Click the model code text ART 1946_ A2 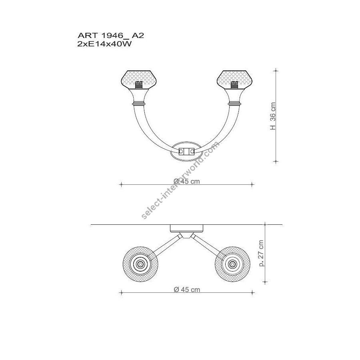111,36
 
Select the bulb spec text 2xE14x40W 105,44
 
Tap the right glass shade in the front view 235,80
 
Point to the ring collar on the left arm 139,104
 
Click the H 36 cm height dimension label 273,116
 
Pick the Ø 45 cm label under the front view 187,181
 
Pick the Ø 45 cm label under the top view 187,290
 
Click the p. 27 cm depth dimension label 261,253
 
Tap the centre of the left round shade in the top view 140,264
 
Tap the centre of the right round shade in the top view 232,264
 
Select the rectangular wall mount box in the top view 187,228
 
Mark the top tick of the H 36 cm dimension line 276,70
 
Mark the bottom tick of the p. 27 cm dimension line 265,282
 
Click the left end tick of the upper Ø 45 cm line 121,184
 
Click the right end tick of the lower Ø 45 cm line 252,292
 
